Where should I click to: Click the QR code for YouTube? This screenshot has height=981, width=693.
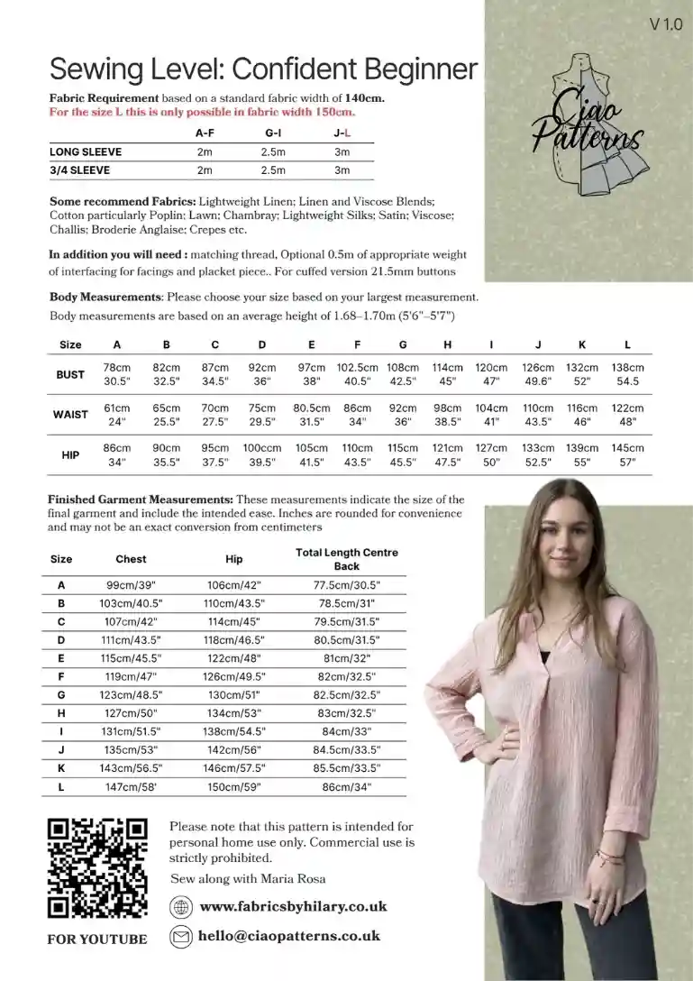[96, 868]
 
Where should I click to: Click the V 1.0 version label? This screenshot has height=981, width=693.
[665, 25]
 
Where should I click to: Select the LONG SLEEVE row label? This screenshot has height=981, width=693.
[86, 151]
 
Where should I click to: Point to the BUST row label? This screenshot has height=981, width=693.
[70, 374]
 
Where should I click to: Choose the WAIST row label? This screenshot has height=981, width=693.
[70, 415]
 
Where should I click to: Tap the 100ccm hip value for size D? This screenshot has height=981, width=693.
[262, 448]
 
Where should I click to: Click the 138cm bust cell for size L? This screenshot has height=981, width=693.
[627, 368]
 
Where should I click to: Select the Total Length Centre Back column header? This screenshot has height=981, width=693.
[346, 559]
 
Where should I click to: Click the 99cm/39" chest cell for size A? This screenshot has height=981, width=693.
[131, 585]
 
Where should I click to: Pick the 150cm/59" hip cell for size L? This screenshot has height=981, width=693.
[233, 787]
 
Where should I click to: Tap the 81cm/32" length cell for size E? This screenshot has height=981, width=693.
[346, 657]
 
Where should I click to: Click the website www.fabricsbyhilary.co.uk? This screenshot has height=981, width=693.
[293, 906]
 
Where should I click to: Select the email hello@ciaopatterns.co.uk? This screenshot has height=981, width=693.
[289, 936]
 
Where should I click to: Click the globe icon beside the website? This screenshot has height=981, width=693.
[181, 907]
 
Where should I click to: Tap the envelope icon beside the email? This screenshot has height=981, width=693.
[181, 937]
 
